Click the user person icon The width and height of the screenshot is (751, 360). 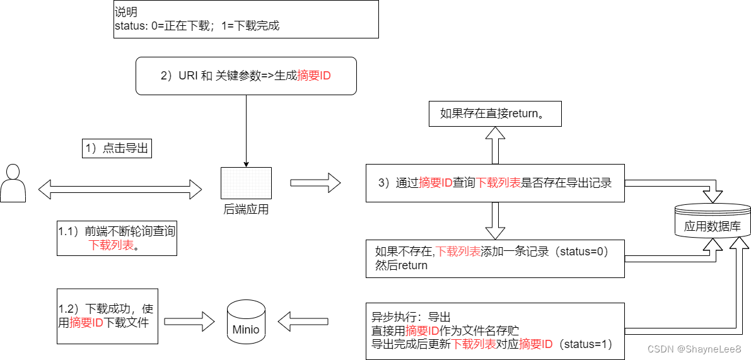coord(13,183)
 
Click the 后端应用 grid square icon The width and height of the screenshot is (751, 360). coord(246,183)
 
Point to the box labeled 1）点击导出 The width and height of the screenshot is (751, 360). coord(117,148)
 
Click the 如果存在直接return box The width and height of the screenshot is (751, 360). coord(495,114)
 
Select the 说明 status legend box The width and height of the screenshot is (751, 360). coord(246,20)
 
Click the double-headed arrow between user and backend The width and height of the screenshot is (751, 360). coord(120,188)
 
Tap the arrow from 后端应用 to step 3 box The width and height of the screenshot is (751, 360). coord(315,183)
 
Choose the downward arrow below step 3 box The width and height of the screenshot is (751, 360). coord(495,221)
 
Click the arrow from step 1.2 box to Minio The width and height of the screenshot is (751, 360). coord(189,321)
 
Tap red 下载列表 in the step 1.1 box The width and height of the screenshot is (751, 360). coord(112,245)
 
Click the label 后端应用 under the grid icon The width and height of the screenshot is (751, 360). coord(246,210)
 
